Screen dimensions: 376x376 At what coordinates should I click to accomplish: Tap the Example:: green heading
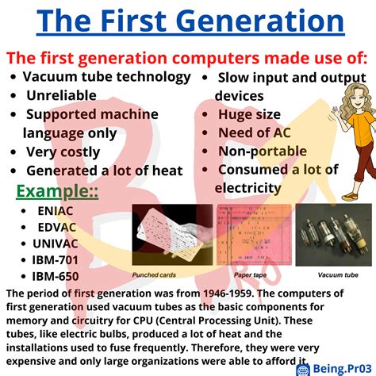58,193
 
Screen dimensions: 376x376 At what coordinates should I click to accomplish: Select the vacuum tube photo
328,233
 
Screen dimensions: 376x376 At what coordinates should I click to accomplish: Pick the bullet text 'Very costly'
63,152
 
